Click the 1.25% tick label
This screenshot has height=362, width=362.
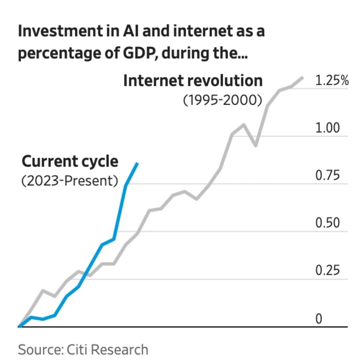tap(332, 81)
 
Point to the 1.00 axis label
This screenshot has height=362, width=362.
tap(328, 128)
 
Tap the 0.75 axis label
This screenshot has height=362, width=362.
tap(328, 176)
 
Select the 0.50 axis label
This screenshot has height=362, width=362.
tap(328, 223)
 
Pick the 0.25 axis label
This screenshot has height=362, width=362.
tap(328, 271)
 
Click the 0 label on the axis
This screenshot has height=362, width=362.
tap(319, 318)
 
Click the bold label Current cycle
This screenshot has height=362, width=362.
tap(70, 162)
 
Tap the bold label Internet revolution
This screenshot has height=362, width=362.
tap(193, 81)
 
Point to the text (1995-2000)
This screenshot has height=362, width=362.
tap(222, 100)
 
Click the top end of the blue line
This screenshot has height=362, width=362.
tap(137, 163)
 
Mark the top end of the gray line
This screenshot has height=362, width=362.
tap(303, 77)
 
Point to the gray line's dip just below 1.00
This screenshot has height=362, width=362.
tap(255, 146)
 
